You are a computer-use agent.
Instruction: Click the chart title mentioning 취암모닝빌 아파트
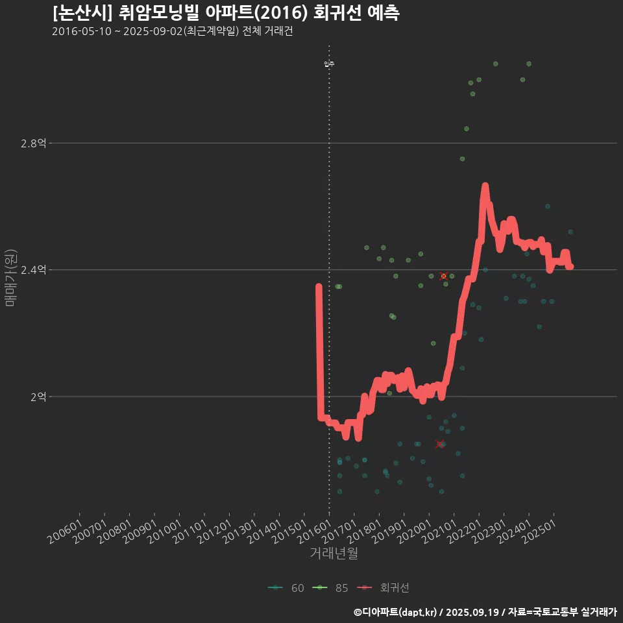(226, 13)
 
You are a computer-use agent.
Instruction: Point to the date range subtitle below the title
(173, 32)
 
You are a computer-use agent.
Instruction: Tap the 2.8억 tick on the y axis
(33, 143)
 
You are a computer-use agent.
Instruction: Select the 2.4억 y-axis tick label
(33, 270)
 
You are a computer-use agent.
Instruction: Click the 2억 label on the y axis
(38, 397)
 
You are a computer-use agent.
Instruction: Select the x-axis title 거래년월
(334, 554)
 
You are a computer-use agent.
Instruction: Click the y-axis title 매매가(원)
(10, 278)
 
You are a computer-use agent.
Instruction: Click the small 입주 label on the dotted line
(329, 64)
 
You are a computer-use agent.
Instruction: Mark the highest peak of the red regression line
(485, 186)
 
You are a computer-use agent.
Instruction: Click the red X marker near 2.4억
(444, 276)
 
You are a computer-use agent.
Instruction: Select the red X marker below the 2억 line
(440, 445)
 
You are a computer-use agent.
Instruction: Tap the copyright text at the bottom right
(485, 611)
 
